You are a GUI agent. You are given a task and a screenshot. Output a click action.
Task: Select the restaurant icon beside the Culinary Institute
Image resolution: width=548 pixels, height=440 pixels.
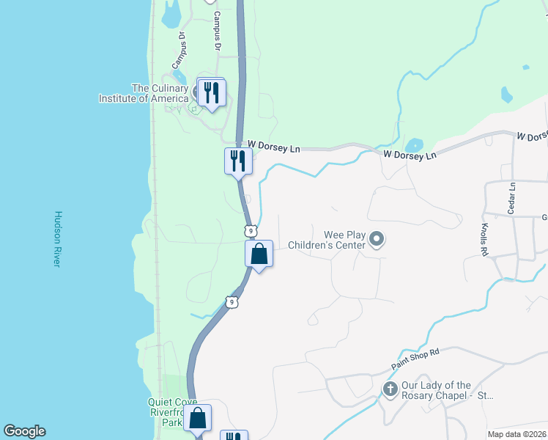tap(212, 94)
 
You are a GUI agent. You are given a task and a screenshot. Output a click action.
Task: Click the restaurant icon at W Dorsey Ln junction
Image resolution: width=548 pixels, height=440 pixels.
tap(238, 161)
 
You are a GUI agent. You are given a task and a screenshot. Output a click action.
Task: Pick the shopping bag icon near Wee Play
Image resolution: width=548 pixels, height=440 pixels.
tap(259, 254)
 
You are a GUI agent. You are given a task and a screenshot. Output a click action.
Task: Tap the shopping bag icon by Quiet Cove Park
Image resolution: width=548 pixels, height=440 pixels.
tap(197, 419)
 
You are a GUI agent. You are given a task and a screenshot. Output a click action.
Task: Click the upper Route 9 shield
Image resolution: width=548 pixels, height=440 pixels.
tap(251, 231)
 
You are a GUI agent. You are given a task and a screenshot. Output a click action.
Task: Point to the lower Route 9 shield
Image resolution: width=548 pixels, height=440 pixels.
tap(231, 301)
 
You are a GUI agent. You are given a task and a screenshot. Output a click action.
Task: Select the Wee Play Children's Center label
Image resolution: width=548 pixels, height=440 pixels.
tap(327, 240)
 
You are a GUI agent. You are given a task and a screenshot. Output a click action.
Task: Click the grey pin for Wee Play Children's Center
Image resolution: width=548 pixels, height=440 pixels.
tap(377, 239)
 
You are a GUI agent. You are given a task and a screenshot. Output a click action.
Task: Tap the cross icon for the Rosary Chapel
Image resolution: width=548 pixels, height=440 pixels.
tap(390, 388)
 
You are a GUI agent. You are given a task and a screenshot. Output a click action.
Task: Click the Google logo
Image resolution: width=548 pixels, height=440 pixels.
tap(24, 431)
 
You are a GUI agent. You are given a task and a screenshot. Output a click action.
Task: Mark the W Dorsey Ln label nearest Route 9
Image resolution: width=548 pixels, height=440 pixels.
tap(274, 147)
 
